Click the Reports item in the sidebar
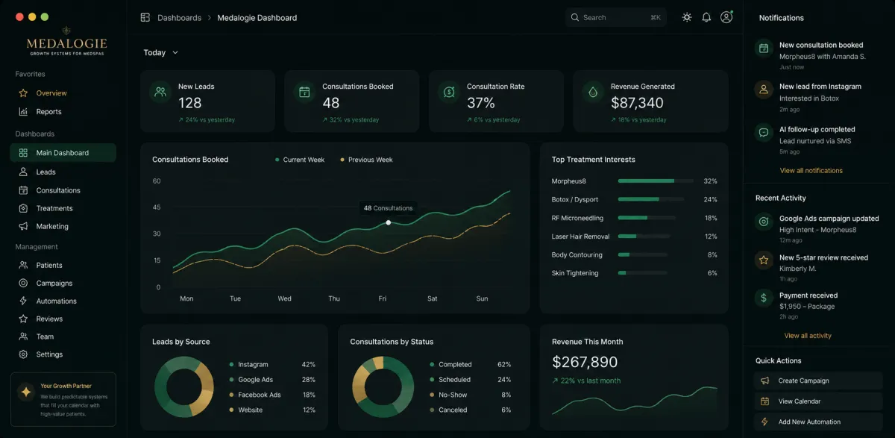(x=40, y=112)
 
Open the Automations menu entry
(x=48, y=301)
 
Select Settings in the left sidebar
(x=41, y=354)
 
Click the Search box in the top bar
(x=616, y=18)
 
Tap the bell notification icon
(x=706, y=18)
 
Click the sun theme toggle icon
(x=687, y=18)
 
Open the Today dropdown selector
(x=160, y=53)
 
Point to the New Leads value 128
(x=189, y=103)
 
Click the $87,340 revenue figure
(x=637, y=103)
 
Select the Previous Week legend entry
(x=366, y=160)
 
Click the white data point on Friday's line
(x=389, y=222)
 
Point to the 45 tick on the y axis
(x=157, y=207)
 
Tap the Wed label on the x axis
(x=284, y=298)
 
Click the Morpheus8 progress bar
(x=656, y=181)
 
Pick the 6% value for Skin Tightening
(x=712, y=273)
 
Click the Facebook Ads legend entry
(x=255, y=395)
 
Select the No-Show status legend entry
(x=448, y=395)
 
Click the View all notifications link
(x=811, y=171)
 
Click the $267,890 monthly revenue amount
(x=585, y=362)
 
